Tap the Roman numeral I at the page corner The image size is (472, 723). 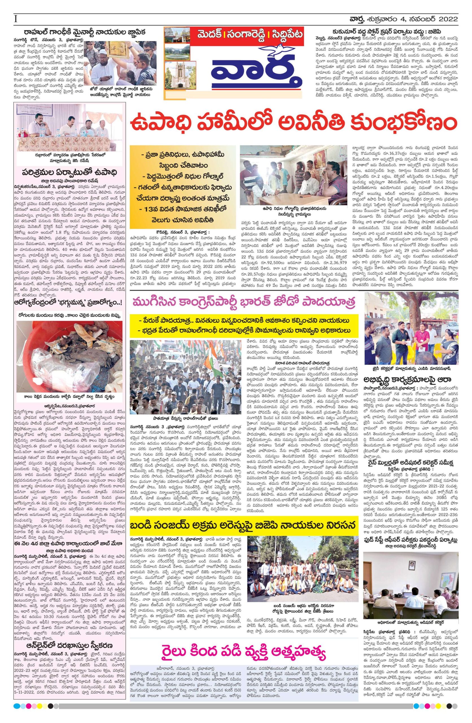15,19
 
